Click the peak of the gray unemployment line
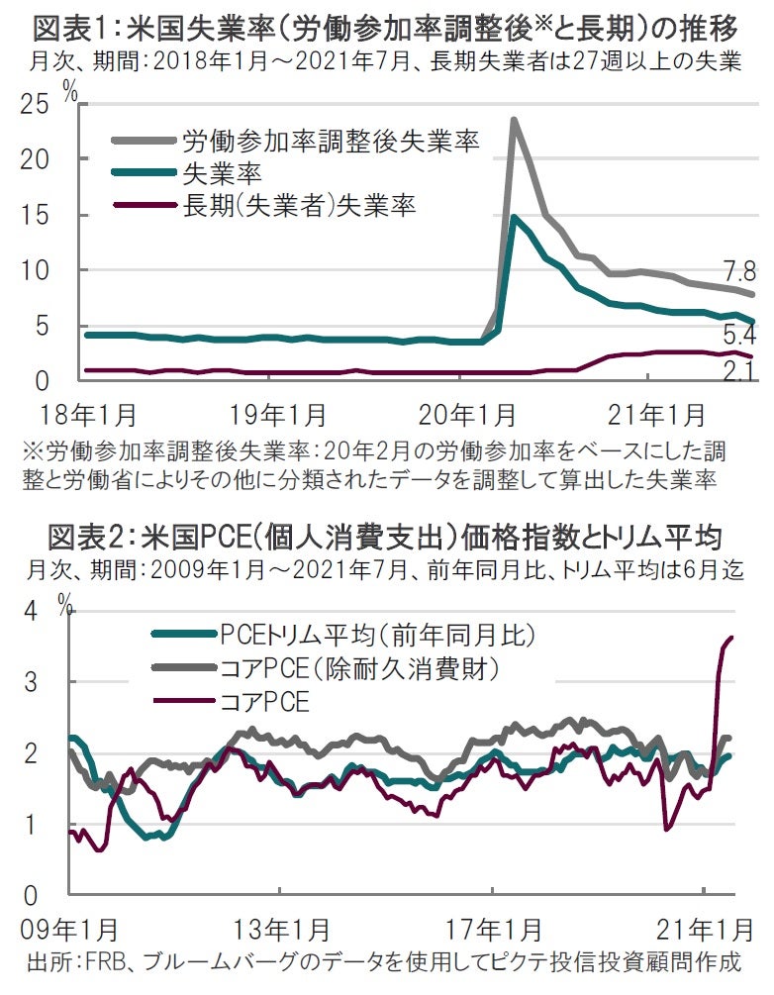tap(514, 120)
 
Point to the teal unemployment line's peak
tap(514, 217)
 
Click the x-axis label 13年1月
tap(283, 932)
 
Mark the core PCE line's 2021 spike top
tap(731, 638)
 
